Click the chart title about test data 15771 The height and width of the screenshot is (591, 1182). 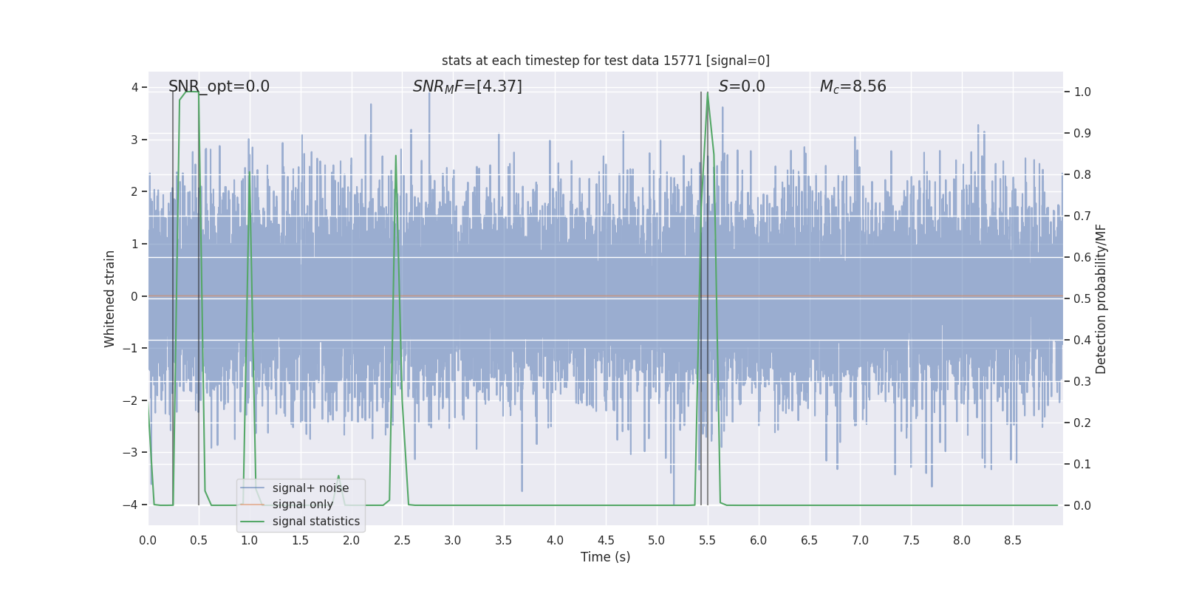click(x=605, y=61)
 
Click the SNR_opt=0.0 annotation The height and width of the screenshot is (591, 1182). click(x=219, y=86)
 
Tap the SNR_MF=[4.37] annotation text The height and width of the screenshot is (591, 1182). click(x=467, y=86)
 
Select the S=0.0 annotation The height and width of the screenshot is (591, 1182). click(x=742, y=86)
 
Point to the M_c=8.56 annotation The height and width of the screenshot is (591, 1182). click(x=853, y=86)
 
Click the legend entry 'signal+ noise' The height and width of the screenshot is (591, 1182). click(x=310, y=488)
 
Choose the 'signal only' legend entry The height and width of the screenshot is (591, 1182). click(x=303, y=505)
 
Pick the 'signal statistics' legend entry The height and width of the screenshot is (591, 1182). click(x=316, y=522)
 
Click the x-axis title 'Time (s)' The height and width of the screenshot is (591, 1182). click(x=605, y=557)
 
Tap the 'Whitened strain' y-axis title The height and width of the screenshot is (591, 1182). click(x=110, y=298)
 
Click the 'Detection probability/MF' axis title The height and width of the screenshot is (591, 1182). click(x=1101, y=298)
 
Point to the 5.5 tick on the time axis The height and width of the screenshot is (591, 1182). click(x=707, y=541)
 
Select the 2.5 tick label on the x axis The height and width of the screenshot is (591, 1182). click(x=402, y=541)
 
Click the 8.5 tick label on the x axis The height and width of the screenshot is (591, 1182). click(x=1012, y=541)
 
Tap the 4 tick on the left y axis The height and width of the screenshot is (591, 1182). click(x=134, y=88)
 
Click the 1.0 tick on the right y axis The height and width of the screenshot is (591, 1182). click(x=1082, y=92)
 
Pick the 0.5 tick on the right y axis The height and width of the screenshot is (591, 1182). click(x=1082, y=299)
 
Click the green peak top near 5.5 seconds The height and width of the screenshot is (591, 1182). click(x=708, y=93)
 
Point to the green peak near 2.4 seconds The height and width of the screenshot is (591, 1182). click(x=396, y=156)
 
